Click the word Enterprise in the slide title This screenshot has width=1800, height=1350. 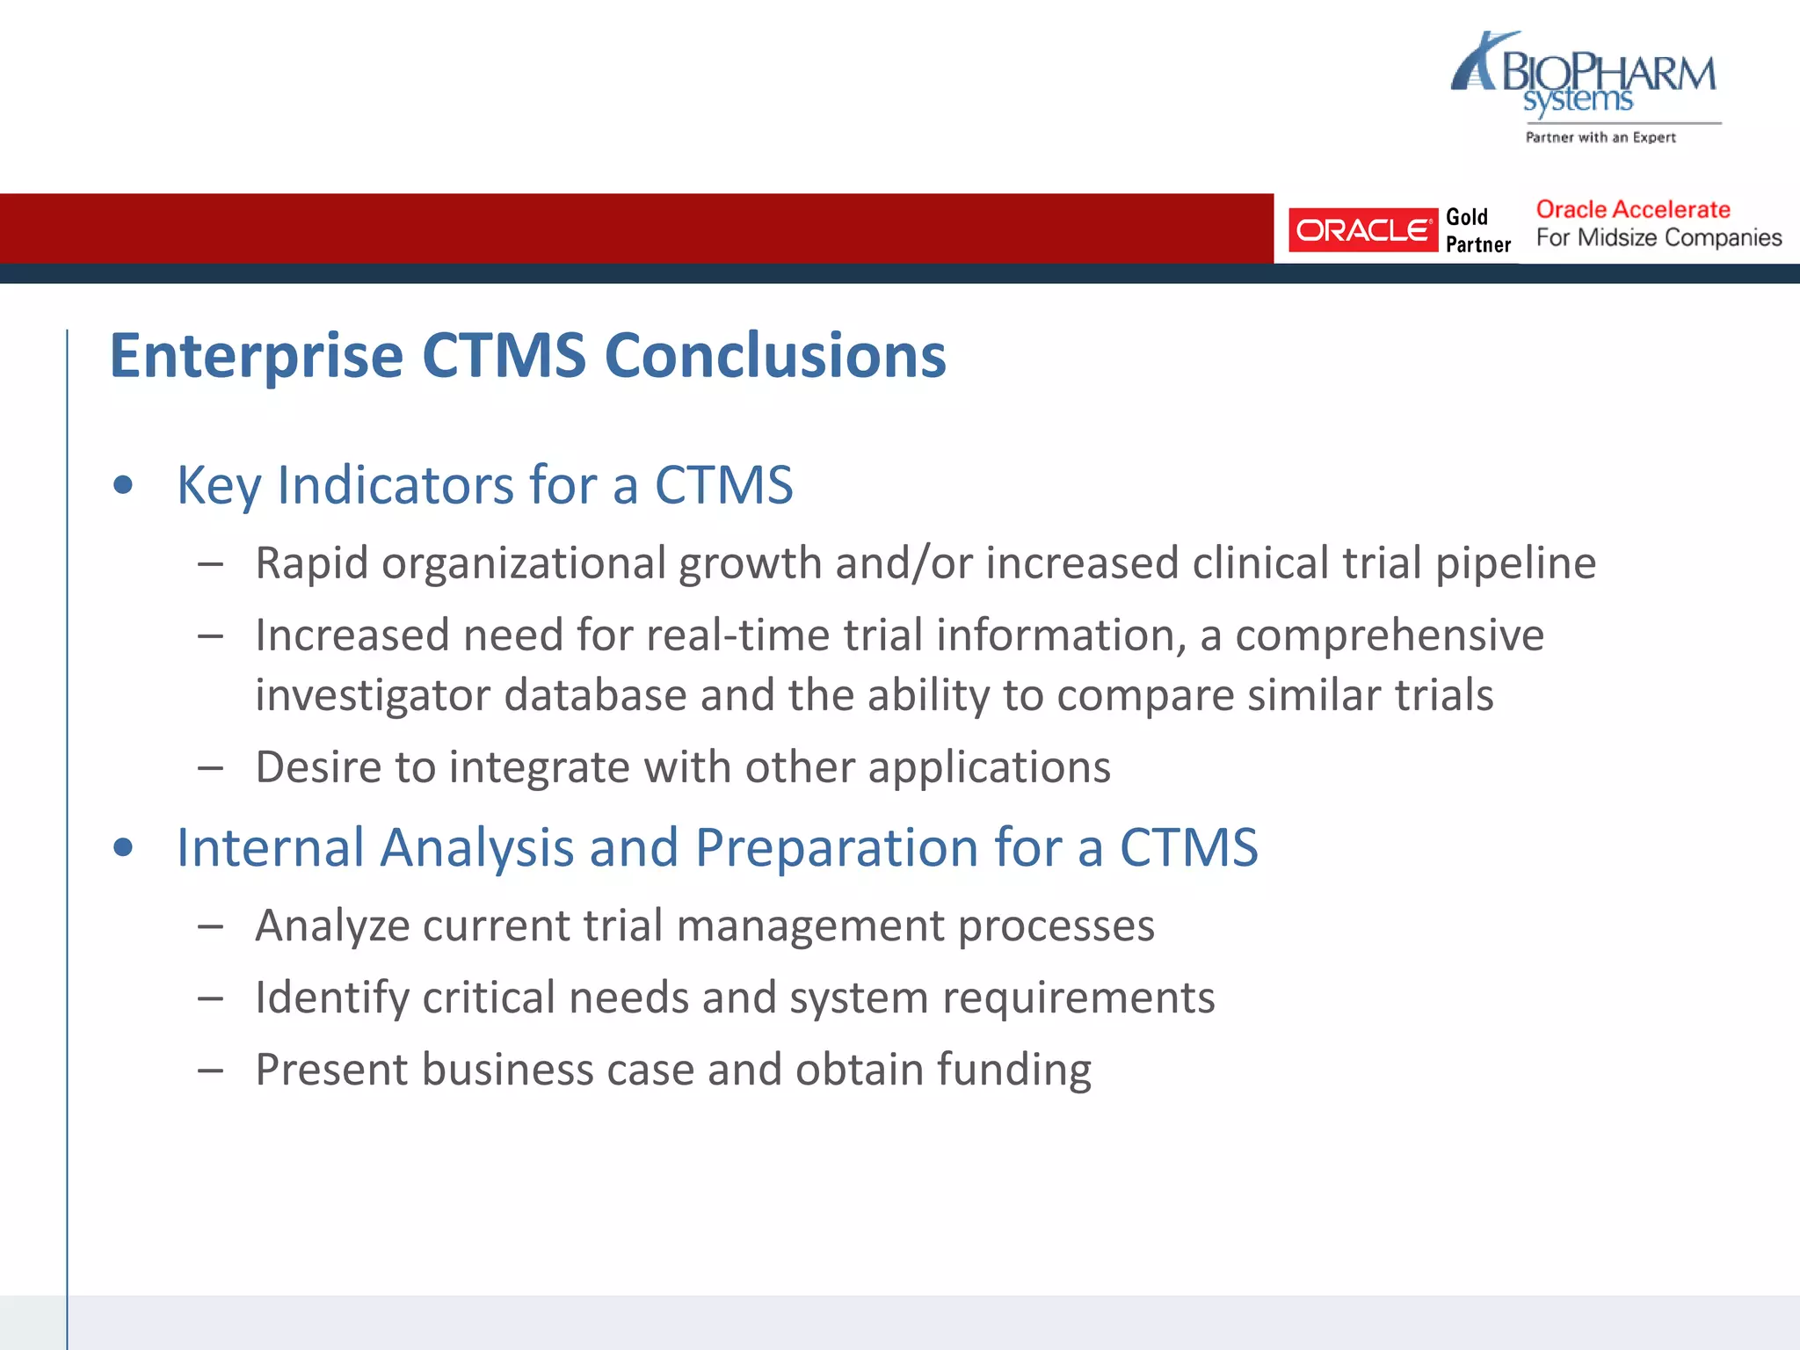256,356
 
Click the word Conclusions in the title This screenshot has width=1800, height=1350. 775,356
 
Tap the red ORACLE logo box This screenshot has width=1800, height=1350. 1361,230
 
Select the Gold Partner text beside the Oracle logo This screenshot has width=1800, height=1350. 1477,230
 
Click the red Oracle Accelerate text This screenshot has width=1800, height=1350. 1632,209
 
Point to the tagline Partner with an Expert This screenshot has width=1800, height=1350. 1600,137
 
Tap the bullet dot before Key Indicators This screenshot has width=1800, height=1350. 123,485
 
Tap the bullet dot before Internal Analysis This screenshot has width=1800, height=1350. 123,847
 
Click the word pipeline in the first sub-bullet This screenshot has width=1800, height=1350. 1515,563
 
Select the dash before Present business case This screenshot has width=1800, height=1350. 210,1071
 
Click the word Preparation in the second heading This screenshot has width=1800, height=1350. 836,848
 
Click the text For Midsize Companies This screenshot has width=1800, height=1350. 1658,237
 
